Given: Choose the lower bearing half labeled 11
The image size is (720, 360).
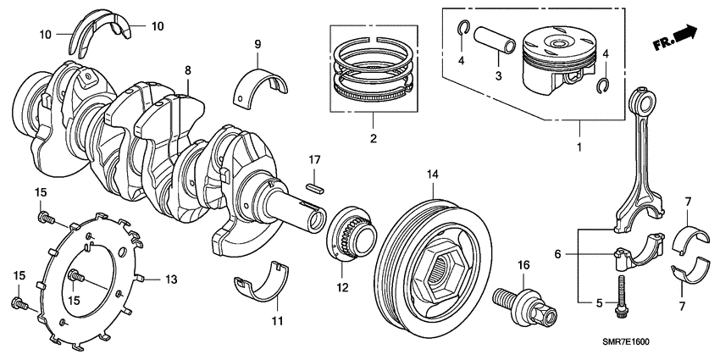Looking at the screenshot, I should (x=269, y=284).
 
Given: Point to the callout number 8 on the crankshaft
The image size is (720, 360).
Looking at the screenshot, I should (x=188, y=72).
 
